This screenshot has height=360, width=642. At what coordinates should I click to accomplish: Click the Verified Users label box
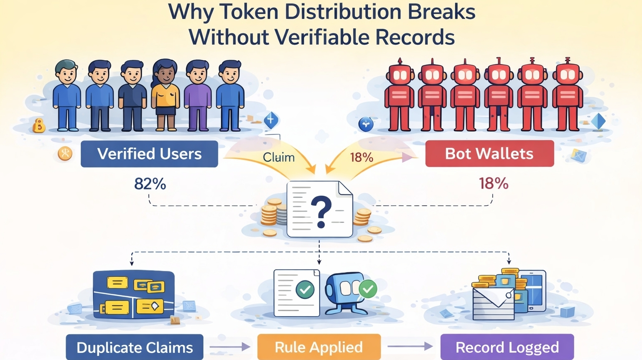click(x=149, y=154)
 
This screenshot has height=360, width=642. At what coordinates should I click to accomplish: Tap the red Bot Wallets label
click(x=489, y=153)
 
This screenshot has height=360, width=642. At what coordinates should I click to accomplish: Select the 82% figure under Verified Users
click(x=150, y=184)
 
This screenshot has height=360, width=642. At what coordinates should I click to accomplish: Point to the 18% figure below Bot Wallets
click(x=494, y=183)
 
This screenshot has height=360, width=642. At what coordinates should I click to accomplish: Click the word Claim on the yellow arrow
click(x=279, y=157)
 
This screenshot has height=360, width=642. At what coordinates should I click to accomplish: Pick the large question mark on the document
click(x=321, y=212)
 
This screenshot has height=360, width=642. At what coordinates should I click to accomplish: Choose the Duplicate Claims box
click(x=135, y=347)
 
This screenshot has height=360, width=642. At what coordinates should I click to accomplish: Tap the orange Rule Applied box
click(x=319, y=347)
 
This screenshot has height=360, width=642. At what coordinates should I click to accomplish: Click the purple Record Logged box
click(x=507, y=347)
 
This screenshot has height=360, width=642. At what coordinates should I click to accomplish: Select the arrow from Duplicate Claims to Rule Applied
click(x=230, y=347)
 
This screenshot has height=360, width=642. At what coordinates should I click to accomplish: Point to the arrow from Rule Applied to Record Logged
click(x=410, y=346)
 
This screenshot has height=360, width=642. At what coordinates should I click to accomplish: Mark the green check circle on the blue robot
click(x=368, y=289)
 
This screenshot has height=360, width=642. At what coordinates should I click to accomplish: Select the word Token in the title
click(x=249, y=12)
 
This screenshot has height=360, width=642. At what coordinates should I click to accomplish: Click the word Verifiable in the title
click(x=322, y=37)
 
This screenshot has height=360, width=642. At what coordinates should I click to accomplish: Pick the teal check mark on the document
click(x=305, y=289)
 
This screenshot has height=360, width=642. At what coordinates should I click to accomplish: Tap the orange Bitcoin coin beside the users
click(x=39, y=125)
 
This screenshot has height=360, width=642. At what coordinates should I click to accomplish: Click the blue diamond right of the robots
click(x=599, y=122)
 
